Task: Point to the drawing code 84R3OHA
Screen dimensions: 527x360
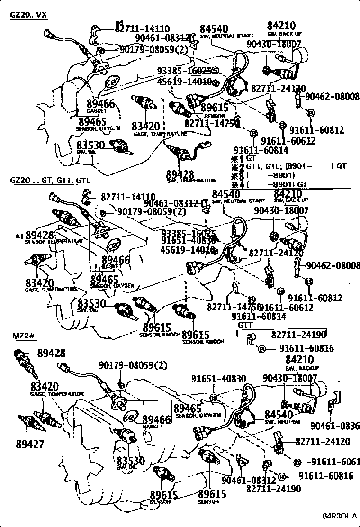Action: tap(339, 516)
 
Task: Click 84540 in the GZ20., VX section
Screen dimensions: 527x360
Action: tap(214, 28)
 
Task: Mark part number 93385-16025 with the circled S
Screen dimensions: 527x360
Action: tap(188, 71)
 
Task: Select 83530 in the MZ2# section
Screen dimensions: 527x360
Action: tap(131, 460)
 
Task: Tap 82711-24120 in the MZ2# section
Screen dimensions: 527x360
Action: tap(323, 442)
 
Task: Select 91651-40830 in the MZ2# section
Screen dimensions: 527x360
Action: tap(218, 379)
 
